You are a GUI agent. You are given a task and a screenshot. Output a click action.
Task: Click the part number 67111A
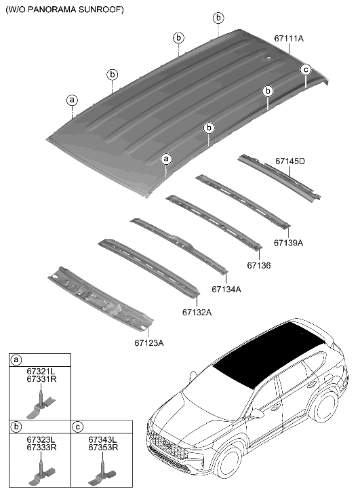tap(289, 39)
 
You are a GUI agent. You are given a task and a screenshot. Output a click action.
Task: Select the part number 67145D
tap(290, 161)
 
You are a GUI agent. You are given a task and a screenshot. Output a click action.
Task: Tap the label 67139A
tap(288, 241)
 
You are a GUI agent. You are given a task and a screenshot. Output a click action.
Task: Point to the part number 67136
tap(258, 265)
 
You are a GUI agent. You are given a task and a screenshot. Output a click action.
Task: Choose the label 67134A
tap(226, 289)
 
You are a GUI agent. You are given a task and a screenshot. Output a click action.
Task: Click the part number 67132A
tap(197, 312)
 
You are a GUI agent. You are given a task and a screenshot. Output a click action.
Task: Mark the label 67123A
tap(148, 342)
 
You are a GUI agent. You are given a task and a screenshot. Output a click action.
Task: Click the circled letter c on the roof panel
tap(305, 69)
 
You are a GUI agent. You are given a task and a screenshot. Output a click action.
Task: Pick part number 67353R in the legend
tap(103, 448)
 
